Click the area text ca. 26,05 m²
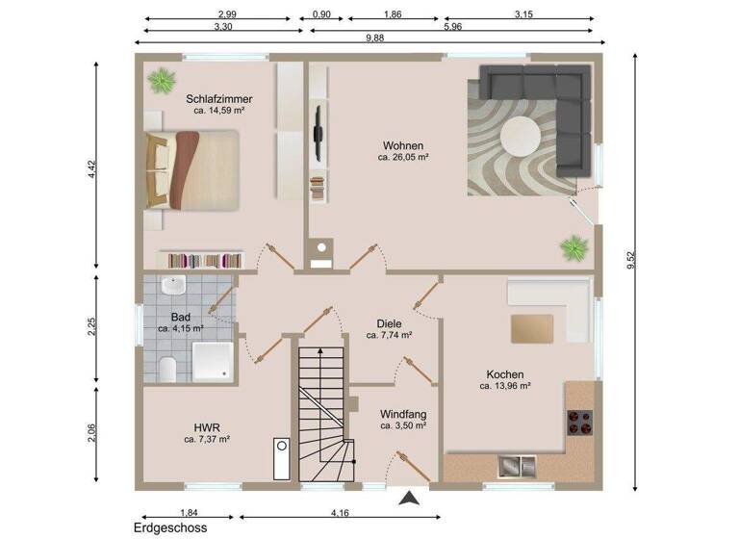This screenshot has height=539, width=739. pyautogui.click(x=402, y=157)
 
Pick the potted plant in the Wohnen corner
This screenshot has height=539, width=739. pyautogui.click(x=574, y=248)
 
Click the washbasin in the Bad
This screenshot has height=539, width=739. pyautogui.click(x=174, y=286)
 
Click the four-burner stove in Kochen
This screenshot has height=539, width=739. pyautogui.click(x=579, y=421)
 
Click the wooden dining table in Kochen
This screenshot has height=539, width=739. pyautogui.click(x=532, y=328)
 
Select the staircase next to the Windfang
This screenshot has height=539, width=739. pyautogui.click(x=319, y=414)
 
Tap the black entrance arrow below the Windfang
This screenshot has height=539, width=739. pyautogui.click(x=409, y=498)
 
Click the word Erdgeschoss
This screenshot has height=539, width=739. pyautogui.click(x=170, y=527)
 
